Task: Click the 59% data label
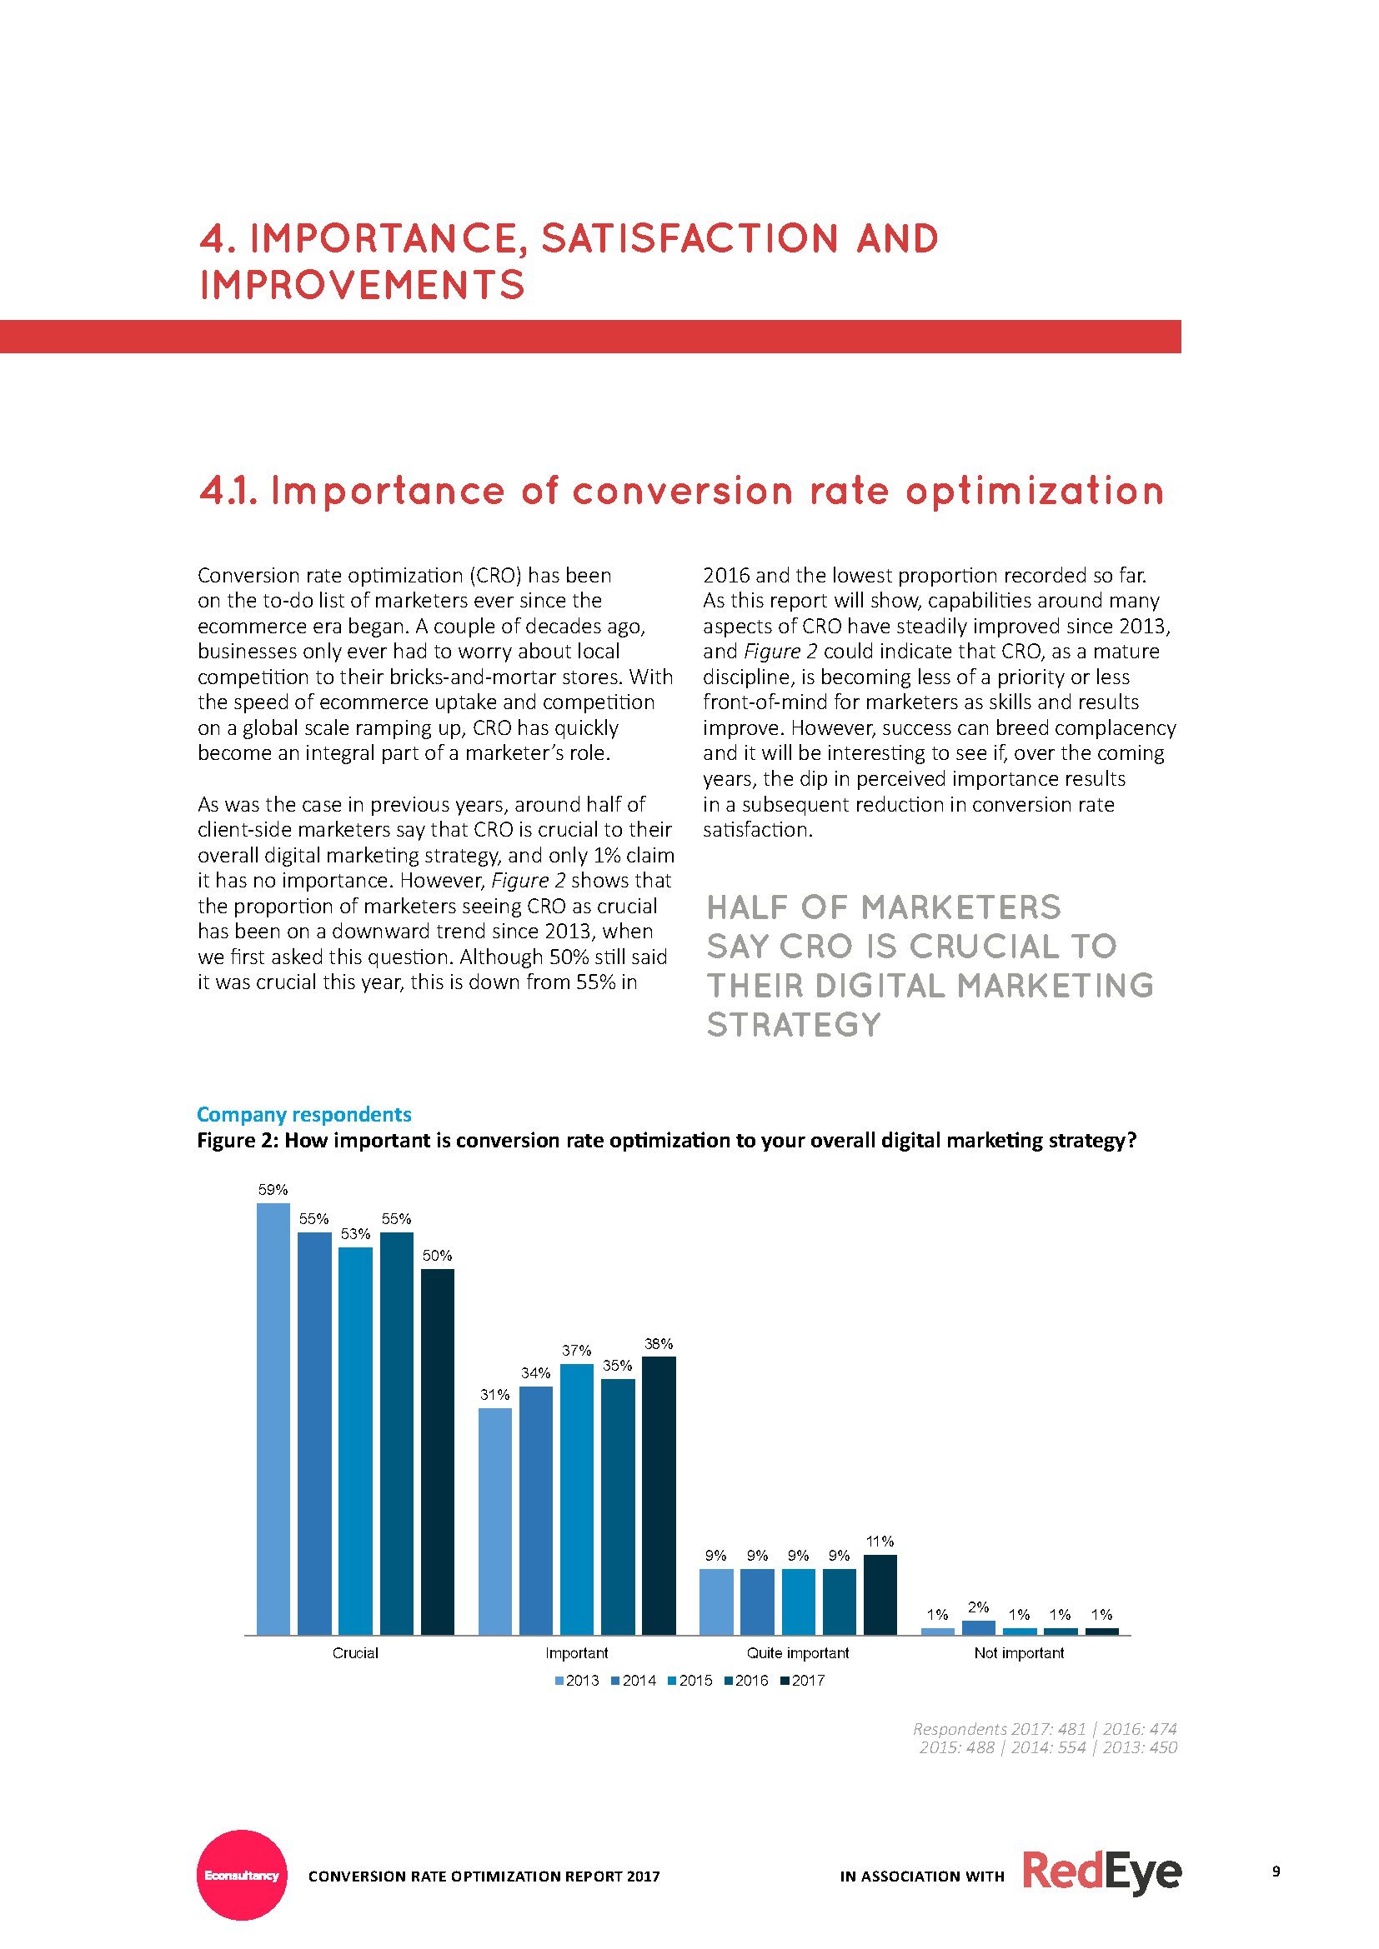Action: coord(273,1190)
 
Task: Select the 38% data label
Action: coord(659,1344)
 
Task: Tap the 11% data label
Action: coord(880,1542)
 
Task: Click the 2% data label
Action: coord(978,1607)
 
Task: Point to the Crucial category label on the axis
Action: coord(356,1652)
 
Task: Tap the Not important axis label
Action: coord(1019,1652)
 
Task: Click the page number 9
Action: coord(1276,1871)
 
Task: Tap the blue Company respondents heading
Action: coord(304,1115)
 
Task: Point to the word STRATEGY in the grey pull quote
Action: coord(794,1026)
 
